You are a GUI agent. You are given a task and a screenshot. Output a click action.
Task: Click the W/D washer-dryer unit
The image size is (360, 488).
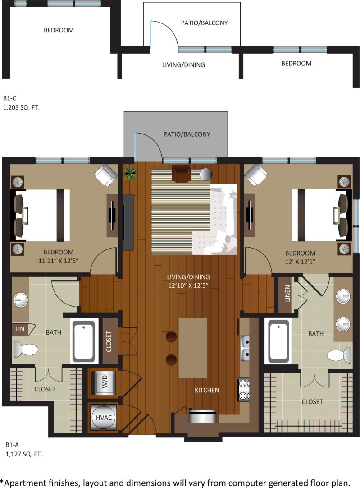pos(105,383)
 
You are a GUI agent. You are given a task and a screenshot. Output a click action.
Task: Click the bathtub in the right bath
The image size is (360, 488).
pos(278,341)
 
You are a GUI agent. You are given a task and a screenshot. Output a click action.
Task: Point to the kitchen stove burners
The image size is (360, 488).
pos(244,390)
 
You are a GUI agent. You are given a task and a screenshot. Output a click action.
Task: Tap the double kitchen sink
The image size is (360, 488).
pos(245,349)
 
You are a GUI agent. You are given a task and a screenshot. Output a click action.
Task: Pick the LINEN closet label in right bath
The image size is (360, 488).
pos(287,295)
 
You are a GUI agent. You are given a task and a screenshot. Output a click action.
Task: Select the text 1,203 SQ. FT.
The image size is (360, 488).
pos(21,107)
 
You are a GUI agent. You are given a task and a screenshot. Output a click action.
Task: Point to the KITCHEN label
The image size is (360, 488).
pos(207,390)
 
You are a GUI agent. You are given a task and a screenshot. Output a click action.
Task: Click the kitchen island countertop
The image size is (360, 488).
pos(192,347)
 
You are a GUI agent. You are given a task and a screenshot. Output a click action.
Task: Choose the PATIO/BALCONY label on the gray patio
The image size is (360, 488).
pos(187,134)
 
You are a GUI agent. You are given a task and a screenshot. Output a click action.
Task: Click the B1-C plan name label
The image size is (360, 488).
pos(10,98)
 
